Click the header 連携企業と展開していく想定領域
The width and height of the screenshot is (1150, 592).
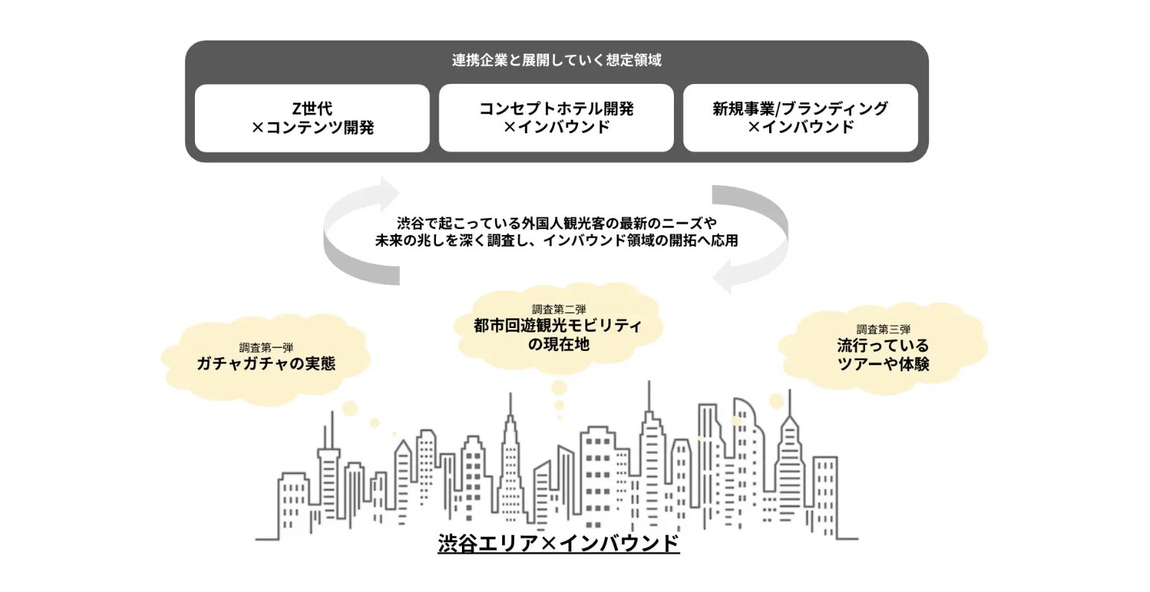tap(556, 60)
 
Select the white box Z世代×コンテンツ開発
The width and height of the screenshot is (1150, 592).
tap(312, 118)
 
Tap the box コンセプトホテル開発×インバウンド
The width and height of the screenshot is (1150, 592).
tap(556, 118)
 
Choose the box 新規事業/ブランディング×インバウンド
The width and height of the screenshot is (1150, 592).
tap(800, 118)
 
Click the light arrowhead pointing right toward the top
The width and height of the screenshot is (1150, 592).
tap(388, 192)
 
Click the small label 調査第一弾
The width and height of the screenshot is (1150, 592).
tap(266, 347)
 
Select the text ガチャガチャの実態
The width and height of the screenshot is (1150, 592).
tap(266, 364)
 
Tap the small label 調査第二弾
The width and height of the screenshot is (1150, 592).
tap(559, 309)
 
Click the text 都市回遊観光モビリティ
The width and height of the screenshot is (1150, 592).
tap(558, 326)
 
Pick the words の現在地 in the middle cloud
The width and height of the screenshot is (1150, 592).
tap(558, 344)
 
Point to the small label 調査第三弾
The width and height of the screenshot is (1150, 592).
tap(883, 329)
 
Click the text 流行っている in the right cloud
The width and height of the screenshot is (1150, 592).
tap(883, 346)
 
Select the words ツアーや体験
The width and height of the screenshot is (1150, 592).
tap(883, 364)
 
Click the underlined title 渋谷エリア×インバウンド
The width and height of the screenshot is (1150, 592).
tap(558, 544)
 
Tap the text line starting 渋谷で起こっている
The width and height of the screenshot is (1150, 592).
tap(556, 222)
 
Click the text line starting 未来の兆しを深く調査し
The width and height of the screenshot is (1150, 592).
tap(556, 241)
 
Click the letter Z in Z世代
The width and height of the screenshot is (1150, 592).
tap(297, 109)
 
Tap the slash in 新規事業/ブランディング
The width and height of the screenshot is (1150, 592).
tap(775, 109)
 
